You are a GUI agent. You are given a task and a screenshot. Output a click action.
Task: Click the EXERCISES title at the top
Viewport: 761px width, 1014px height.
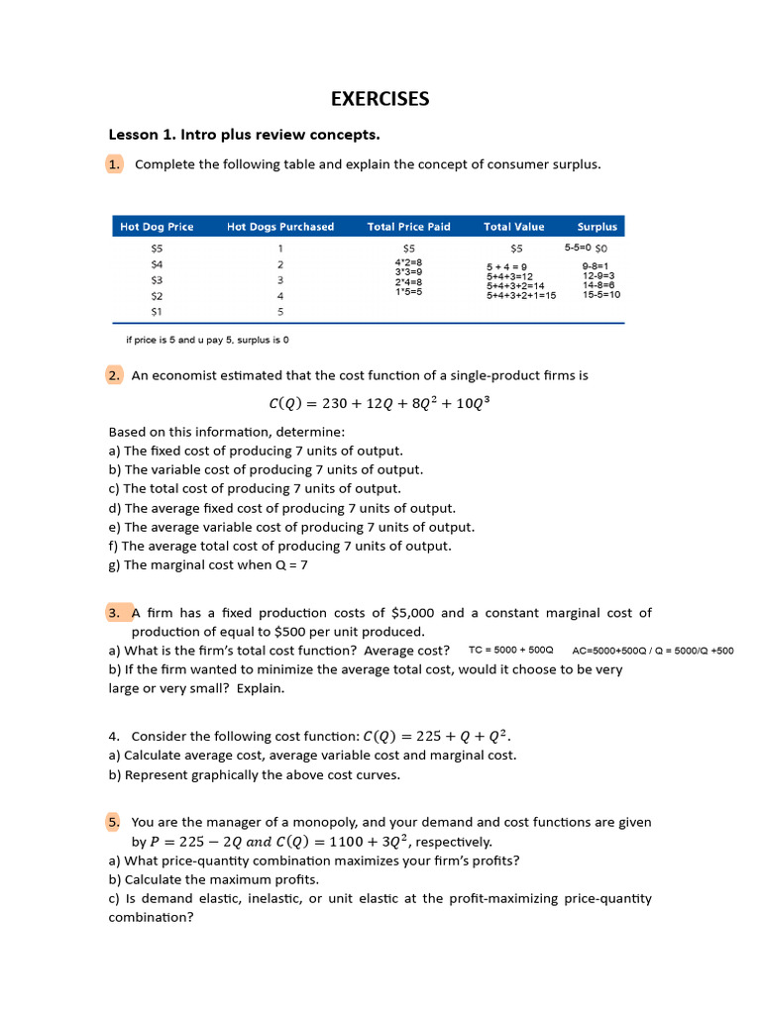[380, 98]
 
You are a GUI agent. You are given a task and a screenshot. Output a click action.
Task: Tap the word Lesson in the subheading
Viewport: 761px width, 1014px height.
[134, 134]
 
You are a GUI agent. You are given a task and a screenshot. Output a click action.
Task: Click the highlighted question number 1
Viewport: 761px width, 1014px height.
[114, 164]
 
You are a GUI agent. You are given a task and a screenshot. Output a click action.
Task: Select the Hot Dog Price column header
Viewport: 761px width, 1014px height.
[157, 227]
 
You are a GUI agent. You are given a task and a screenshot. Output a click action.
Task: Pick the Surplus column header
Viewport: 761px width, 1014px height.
[597, 227]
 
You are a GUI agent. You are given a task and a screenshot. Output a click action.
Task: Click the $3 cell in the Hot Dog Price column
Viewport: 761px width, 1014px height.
[157, 280]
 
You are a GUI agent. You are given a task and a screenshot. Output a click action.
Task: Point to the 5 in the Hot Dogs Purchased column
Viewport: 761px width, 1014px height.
[280, 311]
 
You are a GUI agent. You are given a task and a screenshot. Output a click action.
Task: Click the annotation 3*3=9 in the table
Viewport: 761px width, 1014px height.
[408, 271]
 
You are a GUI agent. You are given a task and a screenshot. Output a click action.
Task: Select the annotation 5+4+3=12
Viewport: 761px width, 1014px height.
[509, 276]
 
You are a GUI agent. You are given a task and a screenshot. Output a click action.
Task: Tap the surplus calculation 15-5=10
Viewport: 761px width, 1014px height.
[601, 294]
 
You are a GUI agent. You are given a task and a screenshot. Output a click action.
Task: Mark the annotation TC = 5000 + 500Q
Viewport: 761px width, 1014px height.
[510, 651]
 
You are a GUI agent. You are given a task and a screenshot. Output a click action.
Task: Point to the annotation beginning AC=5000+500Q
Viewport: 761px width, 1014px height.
[653, 651]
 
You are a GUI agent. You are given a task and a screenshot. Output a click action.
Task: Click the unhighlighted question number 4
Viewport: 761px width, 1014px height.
[115, 736]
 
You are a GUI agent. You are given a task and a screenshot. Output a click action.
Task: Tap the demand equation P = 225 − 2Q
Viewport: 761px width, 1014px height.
[194, 842]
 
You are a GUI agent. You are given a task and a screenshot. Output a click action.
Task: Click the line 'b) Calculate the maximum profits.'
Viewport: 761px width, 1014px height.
[213, 879]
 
